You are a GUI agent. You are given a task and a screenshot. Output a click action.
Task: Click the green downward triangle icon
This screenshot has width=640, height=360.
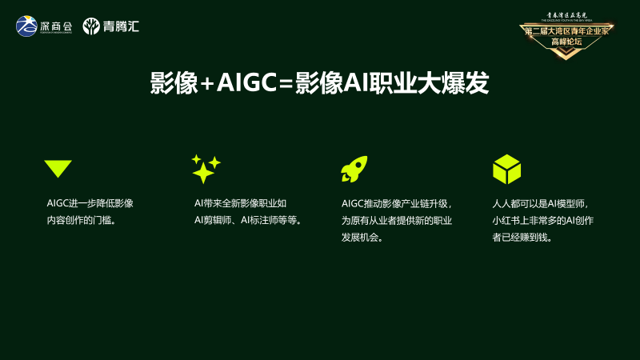[58, 168]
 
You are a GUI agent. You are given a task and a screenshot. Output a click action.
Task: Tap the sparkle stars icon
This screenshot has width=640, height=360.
[205, 169]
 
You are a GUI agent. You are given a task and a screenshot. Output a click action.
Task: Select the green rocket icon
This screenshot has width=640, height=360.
[354, 169]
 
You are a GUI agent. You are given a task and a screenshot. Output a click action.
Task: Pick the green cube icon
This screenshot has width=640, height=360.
[506, 169]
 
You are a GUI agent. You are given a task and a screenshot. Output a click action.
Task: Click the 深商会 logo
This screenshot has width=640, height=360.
[45, 26]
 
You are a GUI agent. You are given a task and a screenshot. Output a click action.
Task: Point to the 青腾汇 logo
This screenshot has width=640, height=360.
[111, 26]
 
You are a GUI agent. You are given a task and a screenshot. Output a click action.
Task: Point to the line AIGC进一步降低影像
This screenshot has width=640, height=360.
[90, 203]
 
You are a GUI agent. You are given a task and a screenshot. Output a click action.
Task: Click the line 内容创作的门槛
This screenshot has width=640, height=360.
[82, 220]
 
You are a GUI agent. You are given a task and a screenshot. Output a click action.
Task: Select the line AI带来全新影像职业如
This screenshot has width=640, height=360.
[240, 203]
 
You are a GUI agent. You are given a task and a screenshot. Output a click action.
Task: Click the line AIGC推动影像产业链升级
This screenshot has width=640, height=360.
[397, 203]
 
